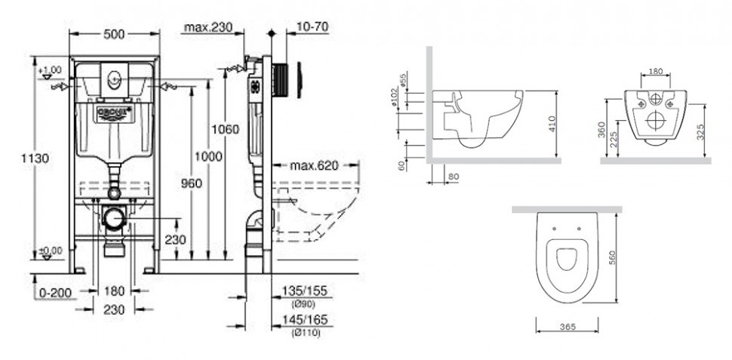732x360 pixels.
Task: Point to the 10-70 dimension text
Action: (x=312, y=29)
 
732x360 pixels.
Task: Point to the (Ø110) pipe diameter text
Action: (x=306, y=333)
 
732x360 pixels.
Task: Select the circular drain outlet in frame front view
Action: (x=115, y=219)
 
